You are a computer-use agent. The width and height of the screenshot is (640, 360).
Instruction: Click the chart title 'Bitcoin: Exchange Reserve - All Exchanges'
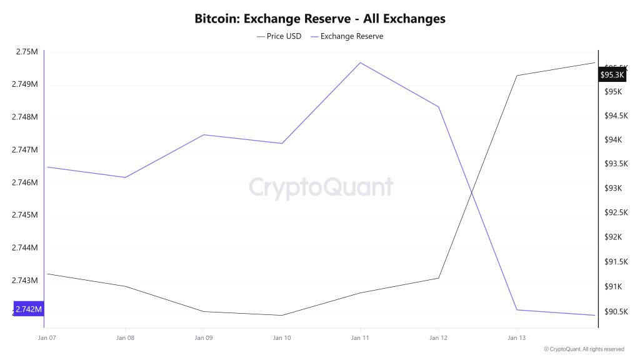click(320, 19)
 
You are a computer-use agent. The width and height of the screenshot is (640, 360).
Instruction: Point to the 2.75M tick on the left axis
click(26, 52)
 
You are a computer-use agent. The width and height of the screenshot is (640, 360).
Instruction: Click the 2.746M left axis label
click(26, 182)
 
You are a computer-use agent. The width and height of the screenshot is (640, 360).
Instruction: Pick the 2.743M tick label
click(26, 281)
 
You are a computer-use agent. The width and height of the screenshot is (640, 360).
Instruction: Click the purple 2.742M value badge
click(29, 309)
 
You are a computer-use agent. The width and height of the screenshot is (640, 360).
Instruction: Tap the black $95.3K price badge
click(612, 75)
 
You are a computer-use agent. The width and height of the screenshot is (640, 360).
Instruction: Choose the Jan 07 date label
click(47, 338)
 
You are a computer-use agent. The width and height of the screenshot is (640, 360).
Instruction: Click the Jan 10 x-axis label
click(282, 338)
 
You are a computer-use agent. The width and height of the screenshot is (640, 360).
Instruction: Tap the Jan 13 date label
click(516, 338)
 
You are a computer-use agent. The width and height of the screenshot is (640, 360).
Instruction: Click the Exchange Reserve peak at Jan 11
click(360, 62)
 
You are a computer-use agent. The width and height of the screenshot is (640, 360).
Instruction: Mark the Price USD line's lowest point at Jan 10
click(282, 315)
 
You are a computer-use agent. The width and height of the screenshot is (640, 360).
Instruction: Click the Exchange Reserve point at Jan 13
click(516, 310)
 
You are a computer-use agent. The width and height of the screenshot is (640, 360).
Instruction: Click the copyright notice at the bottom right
click(584, 349)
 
